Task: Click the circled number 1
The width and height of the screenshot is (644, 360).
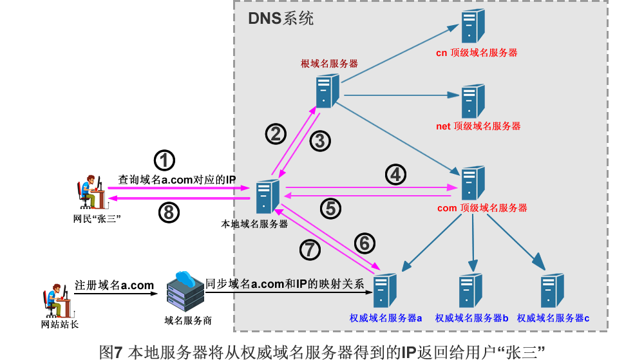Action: (166, 159)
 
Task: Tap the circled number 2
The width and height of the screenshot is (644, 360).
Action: (276, 133)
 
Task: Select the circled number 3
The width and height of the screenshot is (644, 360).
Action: (320, 140)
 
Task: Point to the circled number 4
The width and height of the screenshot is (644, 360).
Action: (395, 173)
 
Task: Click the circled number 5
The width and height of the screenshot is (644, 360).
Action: (330, 208)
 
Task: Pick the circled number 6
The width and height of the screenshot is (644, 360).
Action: (364, 242)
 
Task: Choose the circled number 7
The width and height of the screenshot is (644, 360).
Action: (310, 249)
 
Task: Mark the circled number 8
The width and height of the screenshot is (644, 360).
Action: (168, 214)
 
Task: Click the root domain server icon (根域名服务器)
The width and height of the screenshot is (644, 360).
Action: (327, 91)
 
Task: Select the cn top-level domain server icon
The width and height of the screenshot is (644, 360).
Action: (473, 26)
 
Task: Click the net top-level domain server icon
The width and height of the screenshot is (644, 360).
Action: (473, 100)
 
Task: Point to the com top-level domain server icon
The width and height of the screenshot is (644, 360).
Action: (473, 183)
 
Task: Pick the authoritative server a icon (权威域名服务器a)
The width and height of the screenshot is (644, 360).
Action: (385, 291)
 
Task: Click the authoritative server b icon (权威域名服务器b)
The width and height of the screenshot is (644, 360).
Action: (471, 291)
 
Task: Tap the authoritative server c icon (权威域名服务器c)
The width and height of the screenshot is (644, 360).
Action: (552, 291)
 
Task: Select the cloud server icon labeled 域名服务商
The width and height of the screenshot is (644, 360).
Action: (185, 289)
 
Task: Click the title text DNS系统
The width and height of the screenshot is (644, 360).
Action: (281, 18)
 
